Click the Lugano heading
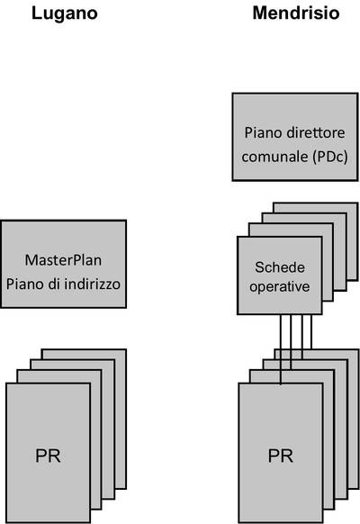(65, 14)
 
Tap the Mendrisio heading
(296, 13)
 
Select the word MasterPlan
(63, 260)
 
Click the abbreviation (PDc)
(330, 157)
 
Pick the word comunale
(275, 157)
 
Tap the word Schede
(280, 267)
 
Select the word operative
(280, 286)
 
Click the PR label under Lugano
(48, 456)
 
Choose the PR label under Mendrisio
(281, 456)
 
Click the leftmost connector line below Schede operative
(281, 349)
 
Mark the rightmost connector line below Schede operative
(311, 332)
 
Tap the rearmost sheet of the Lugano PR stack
(121, 418)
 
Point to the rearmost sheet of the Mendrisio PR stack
(354, 418)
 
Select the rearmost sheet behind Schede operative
(352, 240)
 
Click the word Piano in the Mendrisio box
(263, 132)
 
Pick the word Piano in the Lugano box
(25, 284)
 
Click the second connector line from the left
(291, 342)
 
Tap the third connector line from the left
(302, 337)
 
